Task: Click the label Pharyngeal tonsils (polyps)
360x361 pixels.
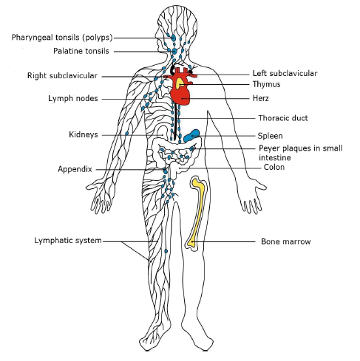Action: [62, 38]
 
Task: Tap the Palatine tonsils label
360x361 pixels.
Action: [81, 51]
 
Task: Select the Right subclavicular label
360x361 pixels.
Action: [62, 75]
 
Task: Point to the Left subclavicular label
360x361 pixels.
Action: [285, 73]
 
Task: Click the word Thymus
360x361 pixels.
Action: [266, 84]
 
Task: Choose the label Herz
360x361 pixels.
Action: [260, 98]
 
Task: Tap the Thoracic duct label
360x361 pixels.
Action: [283, 118]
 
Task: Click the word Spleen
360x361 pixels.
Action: [270, 136]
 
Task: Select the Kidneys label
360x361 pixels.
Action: [84, 134]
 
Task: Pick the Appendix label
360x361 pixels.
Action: [75, 169]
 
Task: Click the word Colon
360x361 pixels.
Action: [274, 167]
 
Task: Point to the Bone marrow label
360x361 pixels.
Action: [286, 241]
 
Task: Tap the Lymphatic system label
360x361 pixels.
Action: [68, 241]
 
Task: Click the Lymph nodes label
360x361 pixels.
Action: [73, 98]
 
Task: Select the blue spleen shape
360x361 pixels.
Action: [191, 136]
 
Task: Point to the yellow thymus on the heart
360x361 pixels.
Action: [180, 83]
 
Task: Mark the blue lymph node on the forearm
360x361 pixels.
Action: [127, 134]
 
